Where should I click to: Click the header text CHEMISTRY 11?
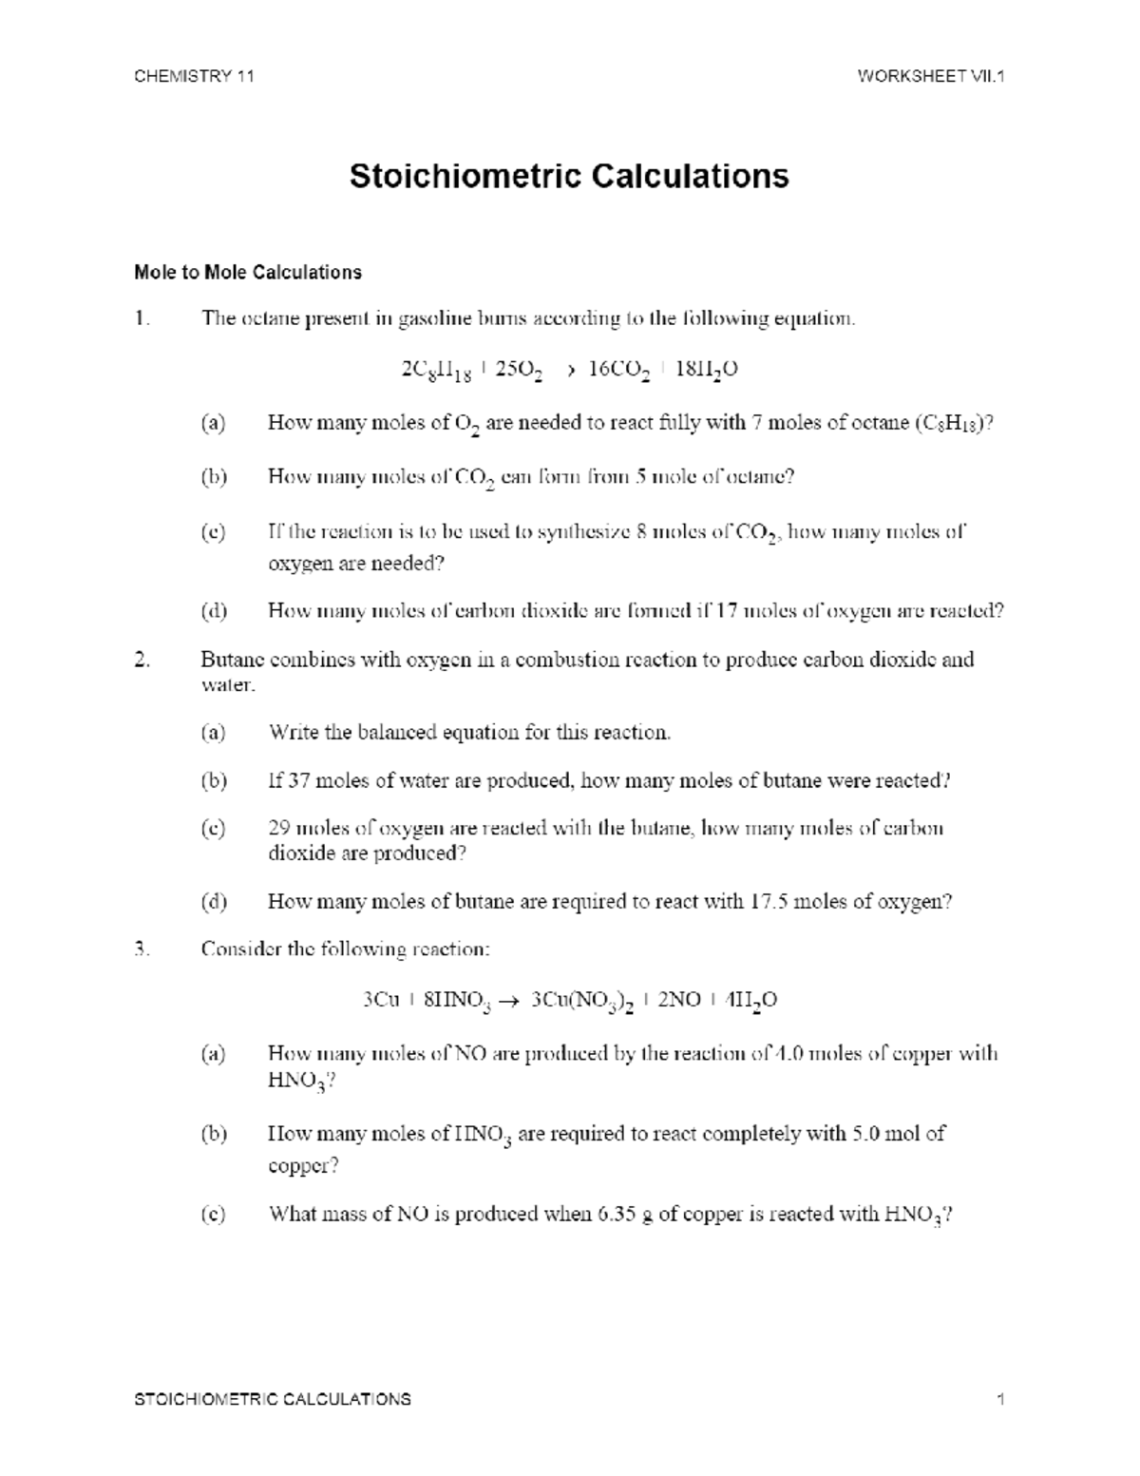[x=194, y=77]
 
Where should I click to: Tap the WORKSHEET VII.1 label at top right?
[x=930, y=77]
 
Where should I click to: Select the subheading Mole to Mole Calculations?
[x=248, y=273]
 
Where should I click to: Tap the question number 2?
[x=142, y=660]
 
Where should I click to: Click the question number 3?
[x=142, y=949]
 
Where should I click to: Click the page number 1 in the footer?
[x=1000, y=1399]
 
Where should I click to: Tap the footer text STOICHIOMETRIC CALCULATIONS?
[x=273, y=1399]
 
